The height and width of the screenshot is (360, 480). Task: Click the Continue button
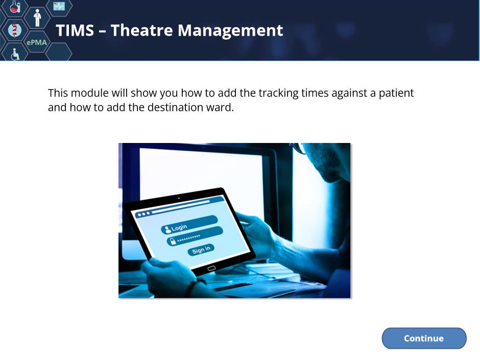pyautogui.click(x=424, y=338)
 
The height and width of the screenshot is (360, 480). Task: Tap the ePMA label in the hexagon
pyautogui.click(x=37, y=42)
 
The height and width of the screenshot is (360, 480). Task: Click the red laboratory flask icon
pyautogui.click(x=14, y=7)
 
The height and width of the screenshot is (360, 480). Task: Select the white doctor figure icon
pyautogui.click(x=37, y=18)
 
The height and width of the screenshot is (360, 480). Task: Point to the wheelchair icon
pyautogui.click(x=15, y=54)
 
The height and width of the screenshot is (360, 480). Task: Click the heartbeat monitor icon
pyautogui.click(x=59, y=6)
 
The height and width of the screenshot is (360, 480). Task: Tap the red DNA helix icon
pyautogui.click(x=14, y=30)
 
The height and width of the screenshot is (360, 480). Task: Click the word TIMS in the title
pyautogui.click(x=75, y=30)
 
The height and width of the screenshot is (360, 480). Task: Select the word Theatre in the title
pyautogui.click(x=141, y=30)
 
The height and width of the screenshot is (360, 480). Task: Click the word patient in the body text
pyautogui.click(x=396, y=93)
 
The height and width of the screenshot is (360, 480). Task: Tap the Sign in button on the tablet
pyautogui.click(x=201, y=250)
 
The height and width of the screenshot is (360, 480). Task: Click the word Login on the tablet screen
pyautogui.click(x=179, y=227)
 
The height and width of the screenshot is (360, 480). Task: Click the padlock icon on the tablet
pyautogui.click(x=173, y=241)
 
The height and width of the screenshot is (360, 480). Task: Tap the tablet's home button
pyautogui.click(x=211, y=269)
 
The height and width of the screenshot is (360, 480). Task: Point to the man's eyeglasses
pyautogui.click(x=299, y=148)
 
